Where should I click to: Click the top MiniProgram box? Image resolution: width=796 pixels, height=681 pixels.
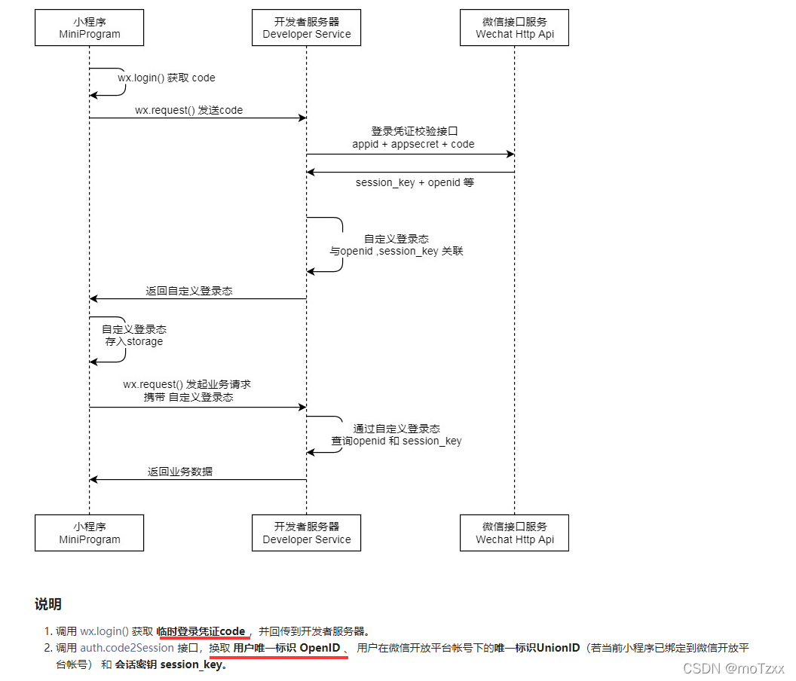pos(90,27)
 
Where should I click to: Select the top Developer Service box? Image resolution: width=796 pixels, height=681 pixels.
pos(306,27)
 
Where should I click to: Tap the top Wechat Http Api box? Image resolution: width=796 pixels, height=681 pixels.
pos(514,27)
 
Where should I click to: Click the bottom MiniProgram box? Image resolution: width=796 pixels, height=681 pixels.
pos(90,533)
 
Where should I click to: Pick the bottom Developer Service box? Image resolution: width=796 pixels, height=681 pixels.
pos(306,533)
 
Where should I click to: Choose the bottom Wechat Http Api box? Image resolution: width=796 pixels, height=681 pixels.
pos(514,533)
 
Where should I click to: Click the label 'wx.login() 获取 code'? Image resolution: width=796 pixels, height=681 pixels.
pos(167,78)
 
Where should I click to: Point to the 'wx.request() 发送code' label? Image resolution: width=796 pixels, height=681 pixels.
pos(189,110)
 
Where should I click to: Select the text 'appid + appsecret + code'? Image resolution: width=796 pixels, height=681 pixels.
pos(413,144)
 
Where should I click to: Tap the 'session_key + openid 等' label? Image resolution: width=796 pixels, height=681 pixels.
pos(415,182)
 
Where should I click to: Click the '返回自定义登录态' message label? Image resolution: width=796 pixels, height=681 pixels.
pos(189,291)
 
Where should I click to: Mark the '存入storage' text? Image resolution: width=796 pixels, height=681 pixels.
pos(134,341)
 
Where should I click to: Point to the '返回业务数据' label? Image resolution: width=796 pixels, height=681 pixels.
pos(179,472)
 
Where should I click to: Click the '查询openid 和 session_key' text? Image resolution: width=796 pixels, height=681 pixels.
pos(396,441)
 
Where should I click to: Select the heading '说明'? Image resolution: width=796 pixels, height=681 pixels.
pos(48,604)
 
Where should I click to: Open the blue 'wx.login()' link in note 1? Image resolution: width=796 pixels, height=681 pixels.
pos(105,631)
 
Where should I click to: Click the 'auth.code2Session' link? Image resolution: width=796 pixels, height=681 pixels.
pos(127,648)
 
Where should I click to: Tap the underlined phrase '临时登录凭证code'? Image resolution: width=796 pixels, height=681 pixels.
pos(201,631)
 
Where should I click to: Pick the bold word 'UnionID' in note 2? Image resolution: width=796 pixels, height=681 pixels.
pos(558,648)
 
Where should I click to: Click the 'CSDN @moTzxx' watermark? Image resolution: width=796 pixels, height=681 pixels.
pos(733,668)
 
